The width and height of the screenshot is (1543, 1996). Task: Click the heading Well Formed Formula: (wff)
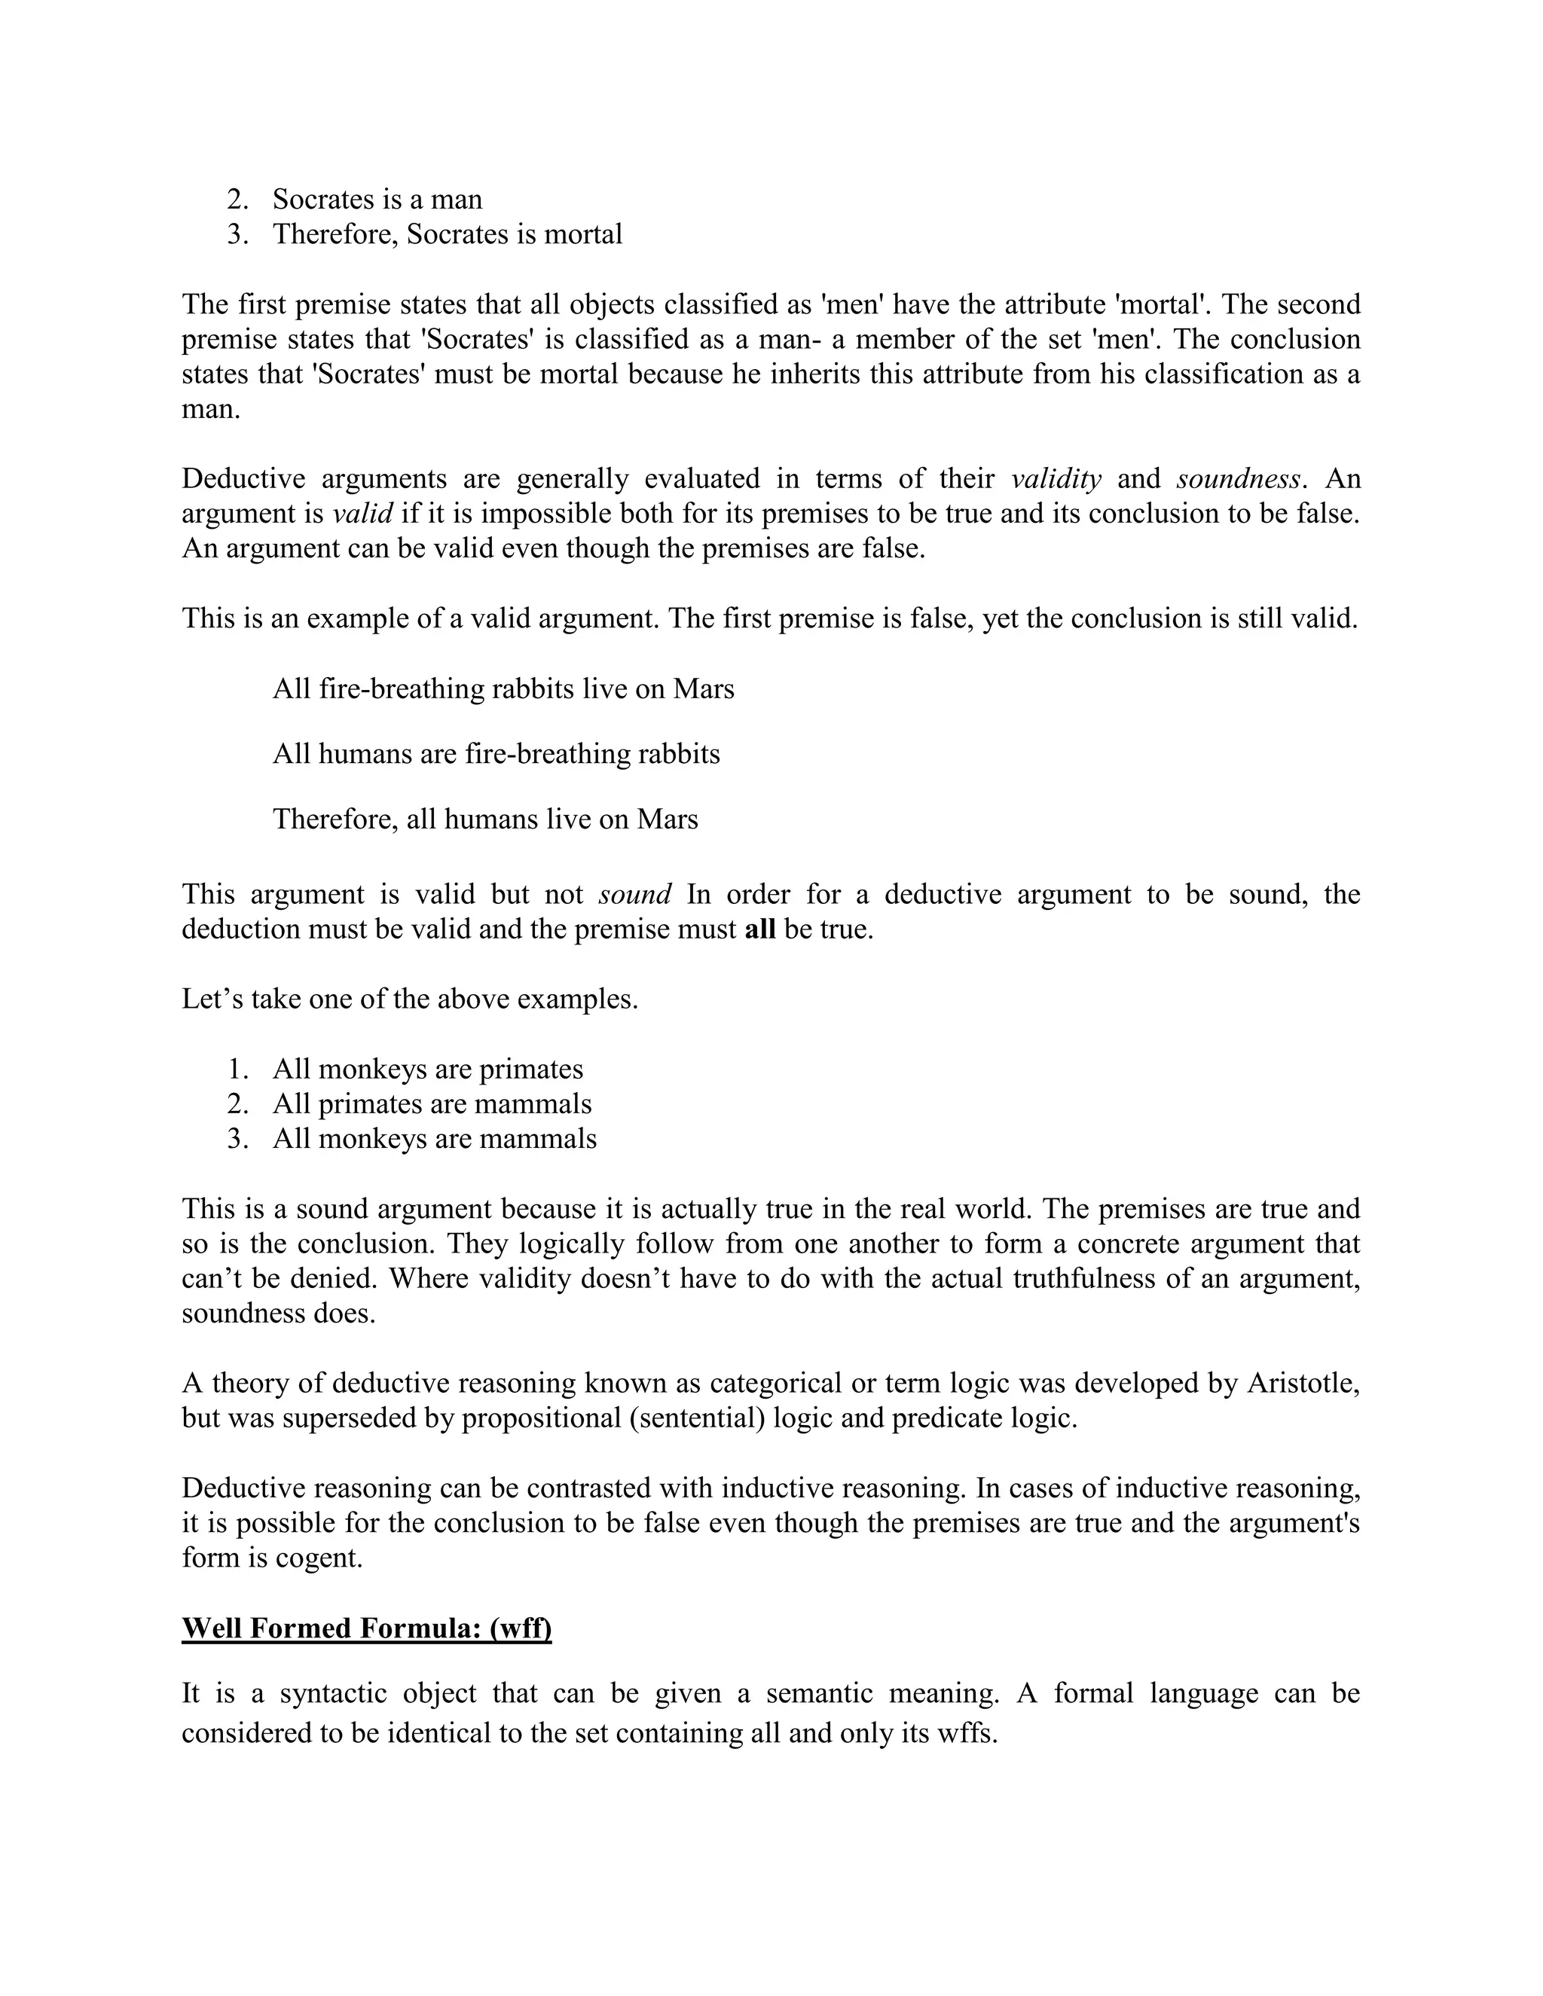(x=367, y=1628)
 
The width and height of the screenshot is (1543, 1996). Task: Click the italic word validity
(x=1056, y=479)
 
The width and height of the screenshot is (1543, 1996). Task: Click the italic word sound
(x=634, y=894)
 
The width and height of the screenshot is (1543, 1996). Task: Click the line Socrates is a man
(x=377, y=200)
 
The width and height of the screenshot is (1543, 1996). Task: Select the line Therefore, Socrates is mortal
(x=447, y=234)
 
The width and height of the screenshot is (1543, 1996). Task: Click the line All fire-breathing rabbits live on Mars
(x=503, y=688)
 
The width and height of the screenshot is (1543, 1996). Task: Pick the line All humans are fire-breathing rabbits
(x=497, y=754)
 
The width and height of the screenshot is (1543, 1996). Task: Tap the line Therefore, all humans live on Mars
(x=485, y=819)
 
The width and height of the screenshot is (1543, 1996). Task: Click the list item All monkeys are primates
(x=427, y=1070)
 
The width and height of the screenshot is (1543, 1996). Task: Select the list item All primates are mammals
(x=432, y=1104)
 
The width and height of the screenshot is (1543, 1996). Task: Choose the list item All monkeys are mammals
(x=434, y=1139)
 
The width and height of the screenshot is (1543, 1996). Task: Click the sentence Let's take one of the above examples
(x=410, y=999)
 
